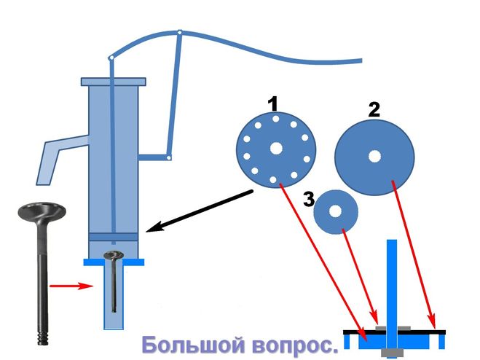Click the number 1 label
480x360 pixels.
pyautogui.click(x=273, y=104)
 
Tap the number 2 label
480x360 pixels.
pyautogui.click(x=374, y=110)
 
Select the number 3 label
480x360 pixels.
pyautogui.click(x=309, y=197)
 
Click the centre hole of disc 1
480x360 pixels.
pyautogui.click(x=276, y=148)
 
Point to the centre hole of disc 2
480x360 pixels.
pyautogui.click(x=374, y=155)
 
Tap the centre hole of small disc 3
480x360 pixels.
pyautogui.click(x=335, y=211)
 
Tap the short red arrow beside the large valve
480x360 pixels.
pyautogui.click(x=71, y=286)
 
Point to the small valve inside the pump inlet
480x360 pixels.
pyautogui.click(x=114, y=281)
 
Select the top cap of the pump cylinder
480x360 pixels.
pyautogui.click(x=114, y=81)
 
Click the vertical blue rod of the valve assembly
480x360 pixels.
pyautogui.click(x=392, y=277)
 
